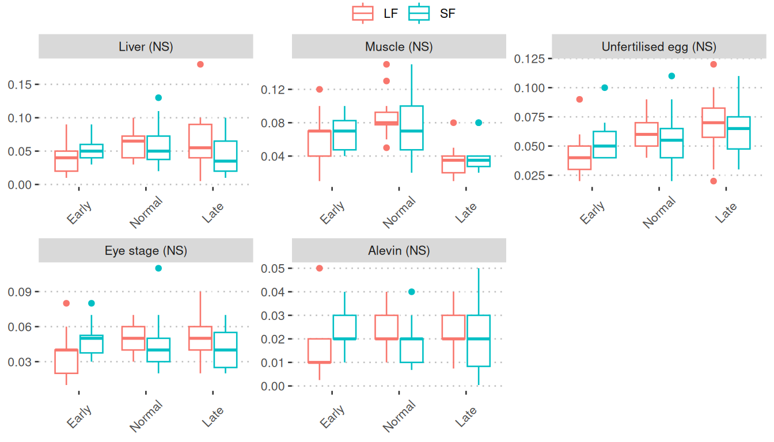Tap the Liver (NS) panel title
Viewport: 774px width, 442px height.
pos(146,47)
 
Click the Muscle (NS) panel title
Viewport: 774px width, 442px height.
pos(399,47)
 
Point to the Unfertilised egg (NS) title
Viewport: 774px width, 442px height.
pos(659,47)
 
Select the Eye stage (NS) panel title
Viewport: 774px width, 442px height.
pos(146,251)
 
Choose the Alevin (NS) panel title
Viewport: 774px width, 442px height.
pos(399,251)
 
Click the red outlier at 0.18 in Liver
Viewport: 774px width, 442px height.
pos(200,64)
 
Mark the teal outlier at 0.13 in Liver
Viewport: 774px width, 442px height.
pos(158,98)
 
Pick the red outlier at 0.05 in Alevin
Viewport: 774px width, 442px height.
pos(320,268)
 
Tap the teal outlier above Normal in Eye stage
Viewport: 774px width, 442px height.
pos(158,268)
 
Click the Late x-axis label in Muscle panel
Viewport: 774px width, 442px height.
pos(466,212)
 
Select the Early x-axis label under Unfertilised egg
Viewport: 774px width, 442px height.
pos(593,212)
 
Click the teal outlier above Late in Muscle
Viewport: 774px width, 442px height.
pos(479,123)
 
